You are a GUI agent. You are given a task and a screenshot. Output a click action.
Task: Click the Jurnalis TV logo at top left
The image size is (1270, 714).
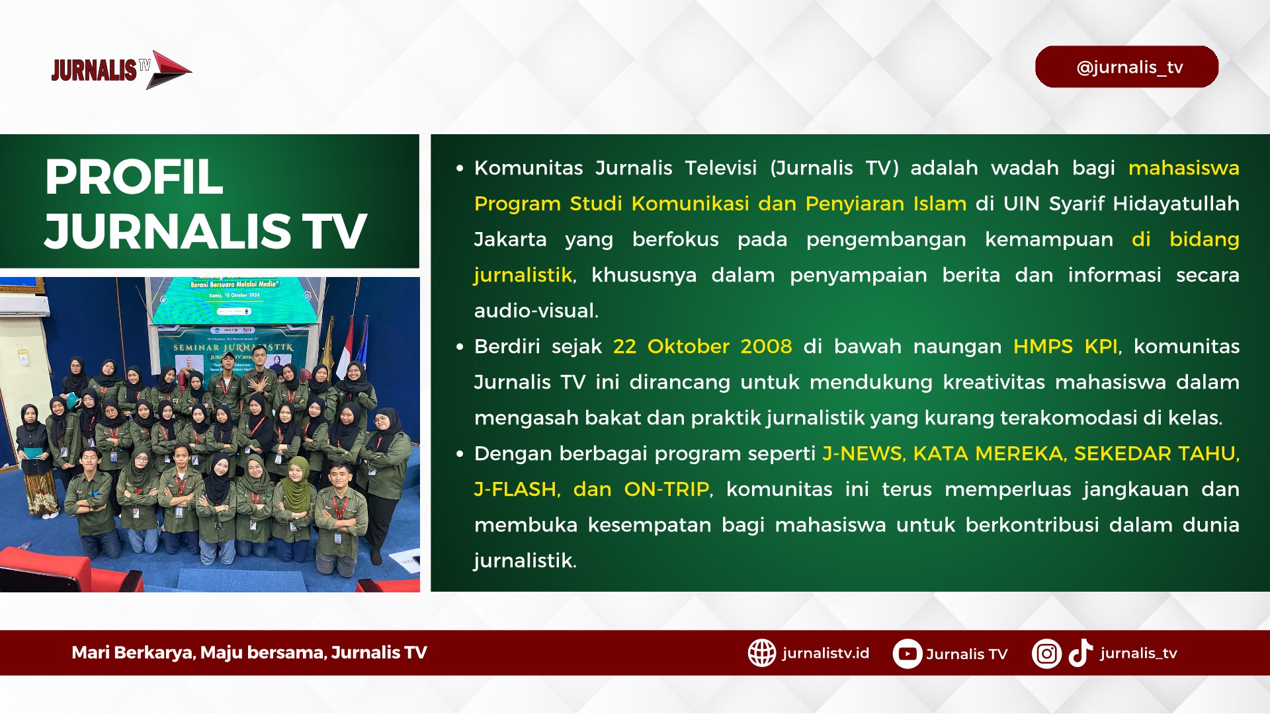[x=121, y=69]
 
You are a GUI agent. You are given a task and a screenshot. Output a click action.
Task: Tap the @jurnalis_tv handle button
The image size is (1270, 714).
[x=1126, y=67]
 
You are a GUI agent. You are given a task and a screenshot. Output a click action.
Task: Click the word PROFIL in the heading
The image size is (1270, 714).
[x=134, y=177]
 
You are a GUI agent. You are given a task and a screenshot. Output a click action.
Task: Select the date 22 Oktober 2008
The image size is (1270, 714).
[x=702, y=346]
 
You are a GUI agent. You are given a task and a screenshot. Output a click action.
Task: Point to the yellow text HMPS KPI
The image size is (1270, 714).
[x=1065, y=346]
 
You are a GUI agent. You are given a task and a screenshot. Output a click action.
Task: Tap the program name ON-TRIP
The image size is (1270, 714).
[x=667, y=489]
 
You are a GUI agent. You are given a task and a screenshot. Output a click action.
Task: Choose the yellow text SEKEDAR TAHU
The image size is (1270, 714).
[x=1155, y=453]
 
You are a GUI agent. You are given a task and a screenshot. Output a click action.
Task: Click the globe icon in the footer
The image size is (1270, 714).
[x=761, y=653]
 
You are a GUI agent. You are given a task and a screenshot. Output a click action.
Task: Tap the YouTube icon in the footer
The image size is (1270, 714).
[x=907, y=654]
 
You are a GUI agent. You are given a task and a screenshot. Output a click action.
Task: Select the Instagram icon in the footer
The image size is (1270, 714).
[x=1046, y=654]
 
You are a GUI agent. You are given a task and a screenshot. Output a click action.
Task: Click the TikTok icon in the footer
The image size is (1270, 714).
[x=1080, y=653]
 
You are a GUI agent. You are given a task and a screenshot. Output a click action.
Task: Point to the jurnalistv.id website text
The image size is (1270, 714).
[x=825, y=653]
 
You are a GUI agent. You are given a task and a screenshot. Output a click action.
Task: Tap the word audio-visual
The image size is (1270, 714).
[x=536, y=310]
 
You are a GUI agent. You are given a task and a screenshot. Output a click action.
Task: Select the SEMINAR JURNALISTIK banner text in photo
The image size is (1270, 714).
[x=233, y=347]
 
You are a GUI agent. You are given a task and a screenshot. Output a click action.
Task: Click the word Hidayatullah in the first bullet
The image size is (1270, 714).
[x=1176, y=203]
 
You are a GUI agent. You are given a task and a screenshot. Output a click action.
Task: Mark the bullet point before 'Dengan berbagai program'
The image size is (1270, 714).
[x=460, y=454]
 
